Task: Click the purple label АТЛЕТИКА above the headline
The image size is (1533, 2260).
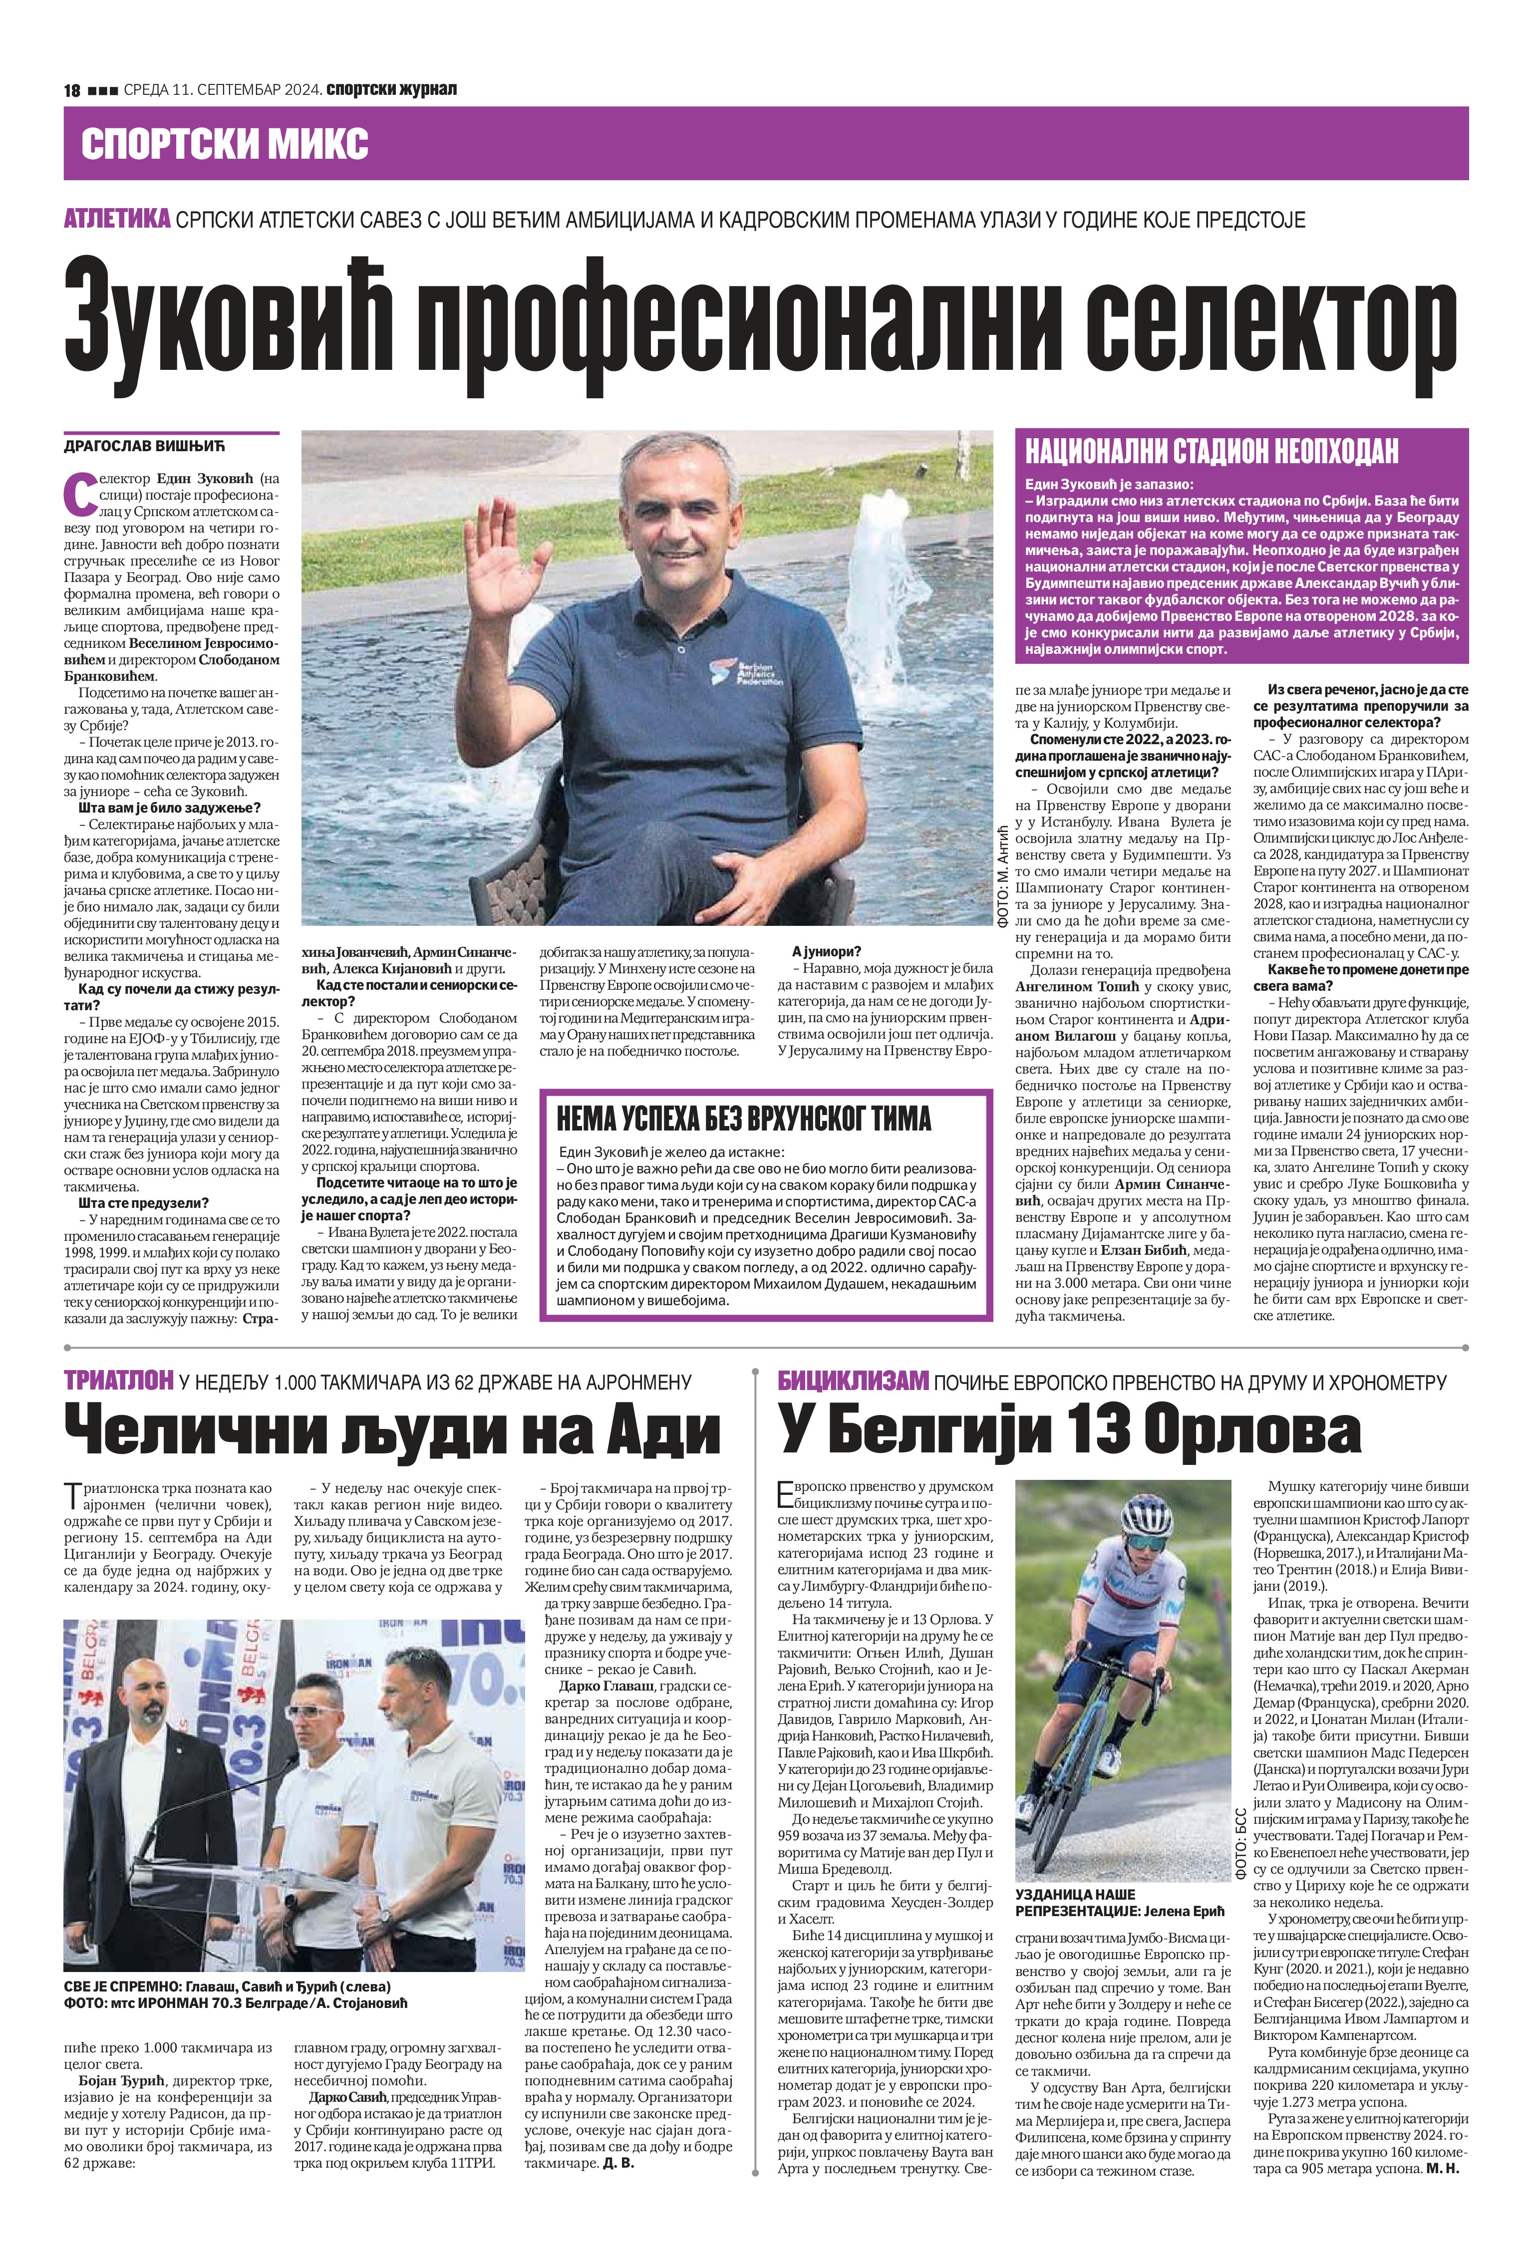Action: [x=117, y=219]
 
